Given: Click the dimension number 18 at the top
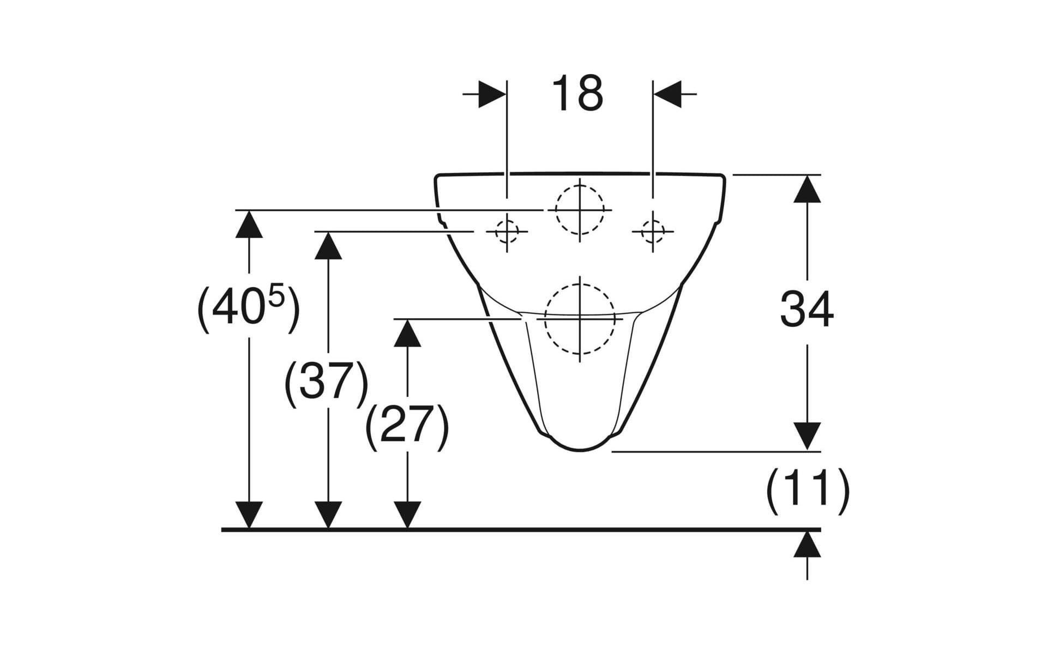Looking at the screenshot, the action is [x=577, y=93].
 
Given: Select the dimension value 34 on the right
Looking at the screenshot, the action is [x=807, y=309].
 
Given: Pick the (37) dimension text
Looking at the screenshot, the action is [x=327, y=384].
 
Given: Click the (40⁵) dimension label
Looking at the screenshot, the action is [x=248, y=309].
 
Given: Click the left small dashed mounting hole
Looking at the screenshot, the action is [x=507, y=232].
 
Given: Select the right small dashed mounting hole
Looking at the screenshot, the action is [x=653, y=232].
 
